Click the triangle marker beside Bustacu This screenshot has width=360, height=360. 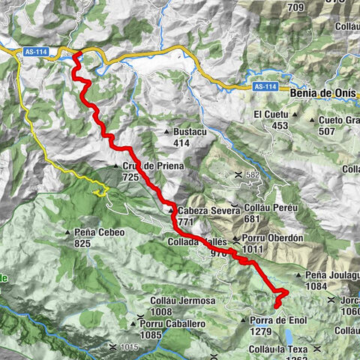166,132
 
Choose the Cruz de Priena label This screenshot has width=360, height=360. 146,166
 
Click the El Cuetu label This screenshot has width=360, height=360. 271,114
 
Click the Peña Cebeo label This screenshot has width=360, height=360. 99,232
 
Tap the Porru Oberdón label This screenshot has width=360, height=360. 271,238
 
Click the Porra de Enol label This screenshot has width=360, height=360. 274,320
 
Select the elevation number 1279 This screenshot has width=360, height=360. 259,331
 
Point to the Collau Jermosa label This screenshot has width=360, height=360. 183,301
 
